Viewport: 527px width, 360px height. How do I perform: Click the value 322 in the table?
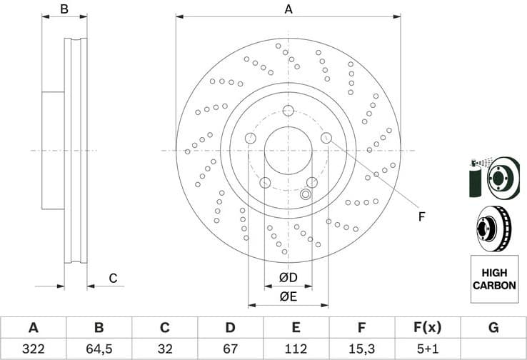pyautogui.click(x=33, y=349)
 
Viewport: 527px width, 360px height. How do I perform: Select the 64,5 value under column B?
pyautogui.click(x=99, y=349)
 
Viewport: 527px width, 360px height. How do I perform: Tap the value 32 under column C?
pyautogui.click(x=164, y=349)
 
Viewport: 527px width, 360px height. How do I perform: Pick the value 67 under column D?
pyautogui.click(x=230, y=349)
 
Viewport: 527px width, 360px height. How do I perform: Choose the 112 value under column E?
pyautogui.click(x=296, y=349)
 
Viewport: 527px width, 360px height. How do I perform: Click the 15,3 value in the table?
pyautogui.click(x=361, y=349)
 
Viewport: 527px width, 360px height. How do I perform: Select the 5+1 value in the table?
pyautogui.click(x=427, y=349)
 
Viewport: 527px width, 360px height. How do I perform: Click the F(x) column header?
pyautogui.click(x=427, y=328)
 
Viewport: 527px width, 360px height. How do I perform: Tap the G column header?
pyautogui.click(x=493, y=328)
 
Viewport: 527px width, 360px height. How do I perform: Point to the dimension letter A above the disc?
pyautogui.click(x=288, y=9)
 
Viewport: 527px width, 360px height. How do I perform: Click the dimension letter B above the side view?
pyautogui.click(x=64, y=9)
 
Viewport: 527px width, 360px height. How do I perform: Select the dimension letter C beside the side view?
pyautogui.click(x=112, y=279)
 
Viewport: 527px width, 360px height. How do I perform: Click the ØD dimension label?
pyautogui.click(x=288, y=277)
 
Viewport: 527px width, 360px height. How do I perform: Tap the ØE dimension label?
pyautogui.click(x=288, y=296)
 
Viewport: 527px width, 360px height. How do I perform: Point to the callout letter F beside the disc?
pyautogui.click(x=422, y=216)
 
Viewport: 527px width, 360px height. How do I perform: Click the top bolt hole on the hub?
pyautogui.click(x=288, y=110)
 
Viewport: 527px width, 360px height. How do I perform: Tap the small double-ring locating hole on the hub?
pyautogui.click(x=306, y=194)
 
